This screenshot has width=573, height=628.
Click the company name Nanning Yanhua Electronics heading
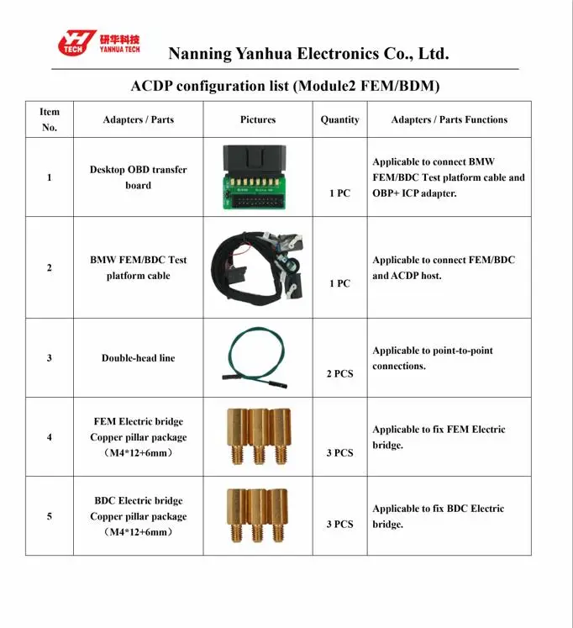point(308,54)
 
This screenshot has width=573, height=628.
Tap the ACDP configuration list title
point(286,86)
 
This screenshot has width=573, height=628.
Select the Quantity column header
point(339,119)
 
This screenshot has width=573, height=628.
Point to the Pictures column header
point(258,119)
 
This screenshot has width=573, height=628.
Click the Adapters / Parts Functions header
point(449,119)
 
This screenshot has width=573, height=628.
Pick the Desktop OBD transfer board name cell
point(138,177)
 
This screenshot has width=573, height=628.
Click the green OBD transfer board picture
point(257,177)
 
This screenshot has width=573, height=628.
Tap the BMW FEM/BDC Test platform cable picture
point(257,267)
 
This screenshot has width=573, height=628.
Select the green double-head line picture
point(257,356)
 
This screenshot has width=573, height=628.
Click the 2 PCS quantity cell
point(339,373)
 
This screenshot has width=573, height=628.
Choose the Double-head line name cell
point(138,358)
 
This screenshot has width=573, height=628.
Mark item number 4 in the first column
point(50,437)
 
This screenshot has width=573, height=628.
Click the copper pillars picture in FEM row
point(257,436)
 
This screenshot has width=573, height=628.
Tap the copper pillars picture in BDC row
point(257,515)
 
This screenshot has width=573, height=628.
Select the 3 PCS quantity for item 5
point(339,524)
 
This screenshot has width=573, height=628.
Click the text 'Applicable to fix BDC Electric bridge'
point(438,516)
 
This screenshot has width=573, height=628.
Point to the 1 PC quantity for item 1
point(339,193)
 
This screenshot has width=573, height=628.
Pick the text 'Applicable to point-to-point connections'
point(433,358)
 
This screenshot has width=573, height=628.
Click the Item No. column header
point(50,119)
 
